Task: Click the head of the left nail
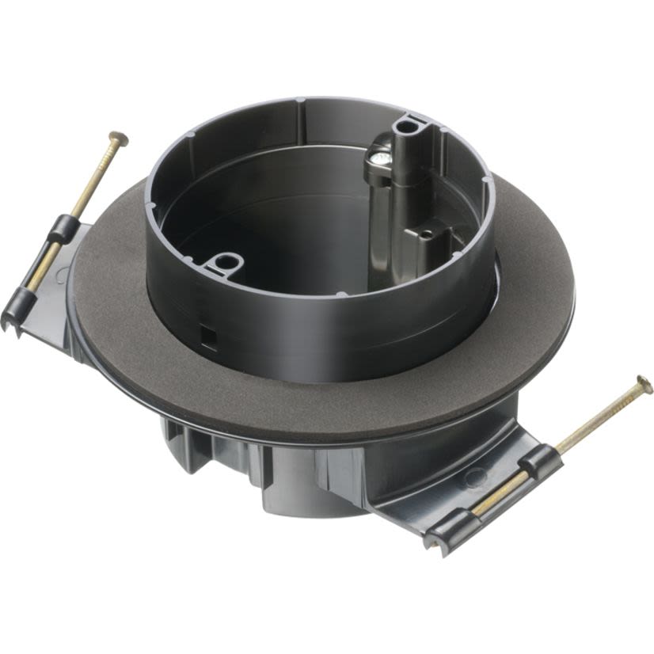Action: click(118, 139)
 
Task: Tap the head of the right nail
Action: click(644, 386)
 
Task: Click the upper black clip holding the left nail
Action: click(63, 230)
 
